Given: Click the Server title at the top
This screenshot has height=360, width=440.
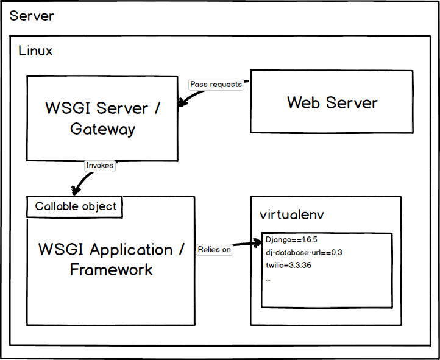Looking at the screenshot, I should click(x=32, y=16).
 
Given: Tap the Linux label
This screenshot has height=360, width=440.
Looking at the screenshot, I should click(x=36, y=51).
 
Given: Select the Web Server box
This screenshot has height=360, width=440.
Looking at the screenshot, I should click(x=332, y=102).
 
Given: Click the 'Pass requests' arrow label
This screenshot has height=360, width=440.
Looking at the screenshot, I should click(x=216, y=84).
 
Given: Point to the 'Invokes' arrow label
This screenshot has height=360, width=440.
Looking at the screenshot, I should click(x=99, y=165).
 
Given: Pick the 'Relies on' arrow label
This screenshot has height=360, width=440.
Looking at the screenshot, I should click(x=214, y=249).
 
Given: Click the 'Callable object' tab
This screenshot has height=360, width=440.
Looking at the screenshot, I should click(x=75, y=206).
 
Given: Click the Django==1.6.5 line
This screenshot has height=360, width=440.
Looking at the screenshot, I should click(x=291, y=240).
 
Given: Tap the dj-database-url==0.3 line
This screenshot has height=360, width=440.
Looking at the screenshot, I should click(x=303, y=253).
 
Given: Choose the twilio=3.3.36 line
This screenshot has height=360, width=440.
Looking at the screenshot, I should click(x=289, y=266).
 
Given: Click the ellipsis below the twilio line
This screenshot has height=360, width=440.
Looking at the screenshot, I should click(x=268, y=278).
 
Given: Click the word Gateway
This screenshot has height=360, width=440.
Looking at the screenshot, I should click(x=102, y=129).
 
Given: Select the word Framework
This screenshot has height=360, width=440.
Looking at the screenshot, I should click(x=111, y=269).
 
